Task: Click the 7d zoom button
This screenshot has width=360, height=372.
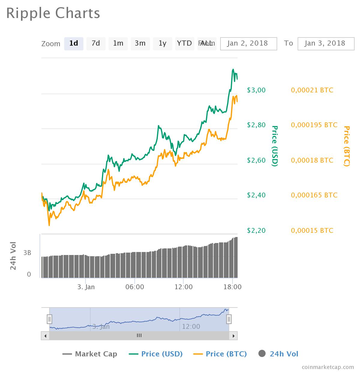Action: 96,43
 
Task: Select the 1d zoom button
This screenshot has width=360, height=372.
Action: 73,43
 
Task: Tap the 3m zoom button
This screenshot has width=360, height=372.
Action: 140,43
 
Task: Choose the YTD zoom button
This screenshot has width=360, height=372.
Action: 184,43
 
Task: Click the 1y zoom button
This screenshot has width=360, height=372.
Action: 162,43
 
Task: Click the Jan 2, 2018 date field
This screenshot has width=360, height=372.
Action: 248,43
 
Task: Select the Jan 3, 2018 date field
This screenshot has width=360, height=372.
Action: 326,43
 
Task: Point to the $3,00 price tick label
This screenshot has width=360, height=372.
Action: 256,90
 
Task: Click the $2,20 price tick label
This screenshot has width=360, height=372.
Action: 256,230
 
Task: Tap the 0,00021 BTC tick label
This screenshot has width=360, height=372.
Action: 312,90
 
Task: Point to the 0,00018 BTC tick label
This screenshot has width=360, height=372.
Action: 312,160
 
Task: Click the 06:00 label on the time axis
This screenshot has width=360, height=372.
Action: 135,287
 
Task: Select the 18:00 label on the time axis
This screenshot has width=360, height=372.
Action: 232,287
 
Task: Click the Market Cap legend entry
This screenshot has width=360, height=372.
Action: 90,354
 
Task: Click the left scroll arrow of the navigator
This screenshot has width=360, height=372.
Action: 45,336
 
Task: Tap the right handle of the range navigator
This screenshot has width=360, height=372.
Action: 229,319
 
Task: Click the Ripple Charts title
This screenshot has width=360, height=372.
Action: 53,13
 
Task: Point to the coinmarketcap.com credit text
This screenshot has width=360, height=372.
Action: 328,367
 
